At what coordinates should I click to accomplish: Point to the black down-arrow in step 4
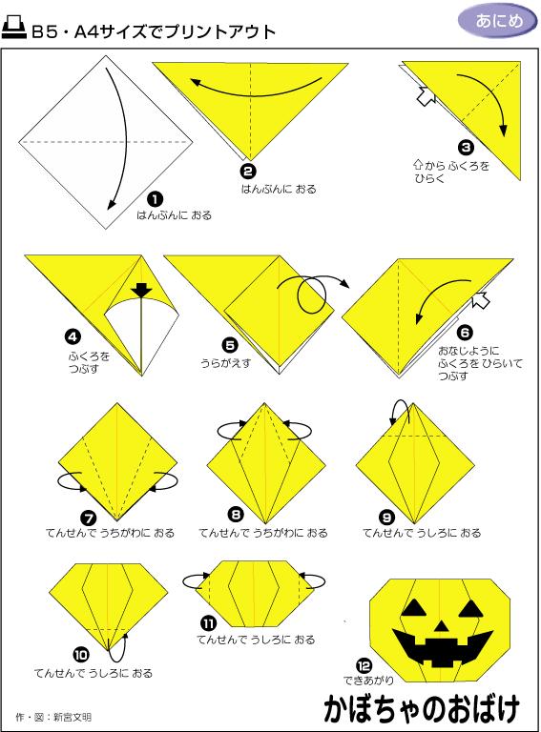pyautogui.click(x=142, y=290)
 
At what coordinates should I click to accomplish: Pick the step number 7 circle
pyautogui.click(x=88, y=518)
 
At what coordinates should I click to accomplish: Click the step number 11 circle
pyautogui.click(x=207, y=623)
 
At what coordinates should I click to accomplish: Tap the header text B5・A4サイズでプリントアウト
pyautogui.click(x=153, y=31)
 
